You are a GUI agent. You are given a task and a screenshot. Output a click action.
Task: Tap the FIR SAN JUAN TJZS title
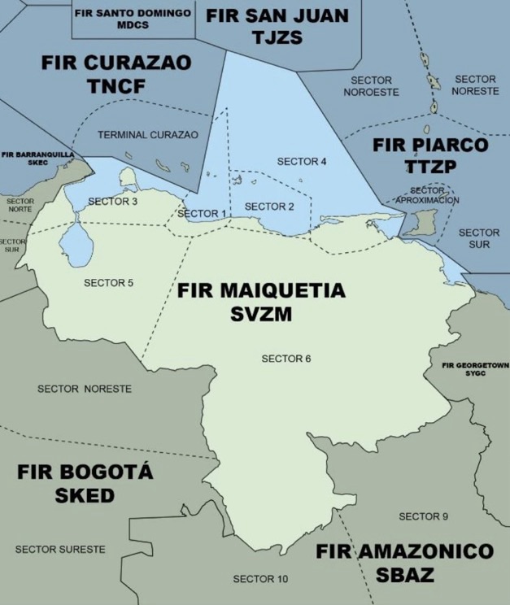pos(277,25)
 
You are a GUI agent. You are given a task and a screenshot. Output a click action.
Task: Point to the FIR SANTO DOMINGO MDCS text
pos(133,18)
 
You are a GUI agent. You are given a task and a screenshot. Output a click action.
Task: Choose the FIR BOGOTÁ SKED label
pos(85,484)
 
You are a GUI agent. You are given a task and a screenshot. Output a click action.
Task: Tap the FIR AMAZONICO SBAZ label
pos(404,563)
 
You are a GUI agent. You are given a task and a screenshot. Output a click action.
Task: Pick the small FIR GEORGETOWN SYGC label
pos(475,368)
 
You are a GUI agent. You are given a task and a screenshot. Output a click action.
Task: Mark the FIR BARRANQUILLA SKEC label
pos(37,157)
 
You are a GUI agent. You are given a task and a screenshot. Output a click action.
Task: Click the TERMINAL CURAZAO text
pos(148,135)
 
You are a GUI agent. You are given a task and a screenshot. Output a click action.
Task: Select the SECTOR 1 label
pos(200,214)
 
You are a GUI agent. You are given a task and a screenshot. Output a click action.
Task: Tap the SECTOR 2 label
pos(269,206)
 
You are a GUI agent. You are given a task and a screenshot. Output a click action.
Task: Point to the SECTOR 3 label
pos(113,201)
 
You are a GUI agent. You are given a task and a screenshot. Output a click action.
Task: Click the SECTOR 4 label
pos(302,161)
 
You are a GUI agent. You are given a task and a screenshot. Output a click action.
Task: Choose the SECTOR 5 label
pos(108,283)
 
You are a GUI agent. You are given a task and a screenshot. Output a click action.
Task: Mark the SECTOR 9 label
pos(423,516)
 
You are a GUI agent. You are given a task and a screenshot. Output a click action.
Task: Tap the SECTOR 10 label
pos(260,579)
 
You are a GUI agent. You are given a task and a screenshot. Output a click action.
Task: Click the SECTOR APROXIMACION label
pos(428,195)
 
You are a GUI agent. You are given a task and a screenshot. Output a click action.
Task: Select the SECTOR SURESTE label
pos(60,550)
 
